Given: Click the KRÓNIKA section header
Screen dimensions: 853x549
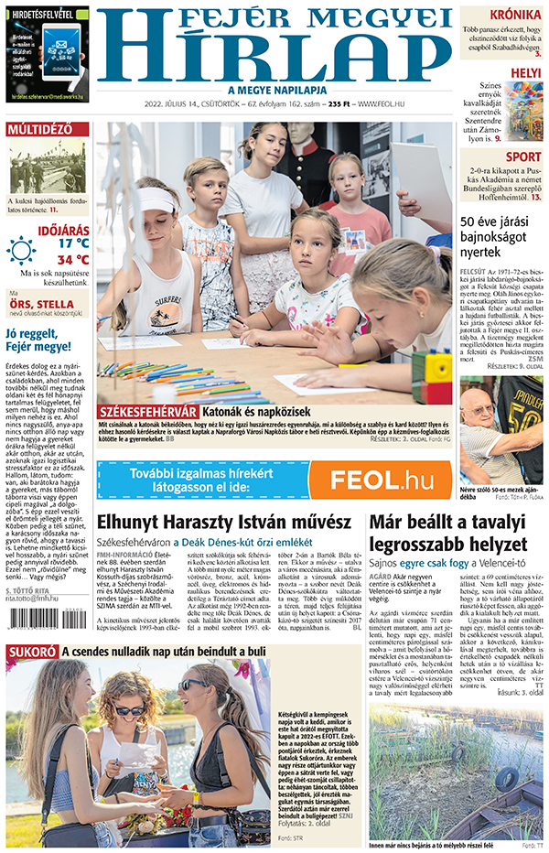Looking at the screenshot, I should coord(514,15).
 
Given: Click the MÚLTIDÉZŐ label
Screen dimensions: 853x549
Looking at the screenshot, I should coord(39,129).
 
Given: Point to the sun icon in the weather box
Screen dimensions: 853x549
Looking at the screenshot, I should coord(21,250).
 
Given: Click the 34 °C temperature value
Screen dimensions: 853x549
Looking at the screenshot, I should coord(72,259).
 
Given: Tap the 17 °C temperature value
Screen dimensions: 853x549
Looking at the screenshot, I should coord(74,243).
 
